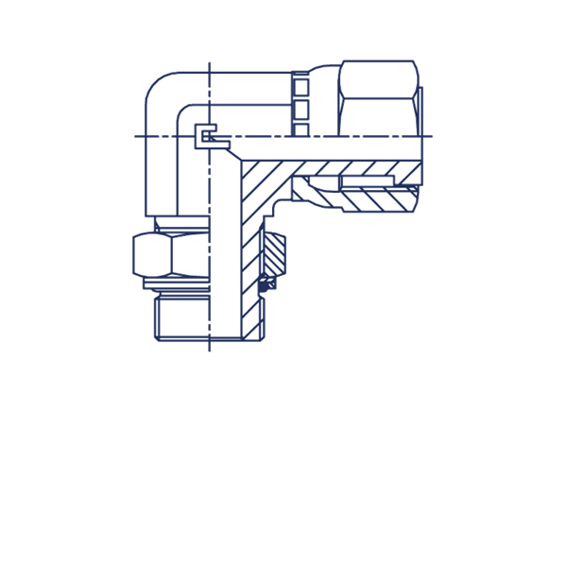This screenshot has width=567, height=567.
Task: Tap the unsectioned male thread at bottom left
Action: tap(180, 317)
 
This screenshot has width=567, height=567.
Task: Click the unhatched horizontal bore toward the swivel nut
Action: tap(331, 149)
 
